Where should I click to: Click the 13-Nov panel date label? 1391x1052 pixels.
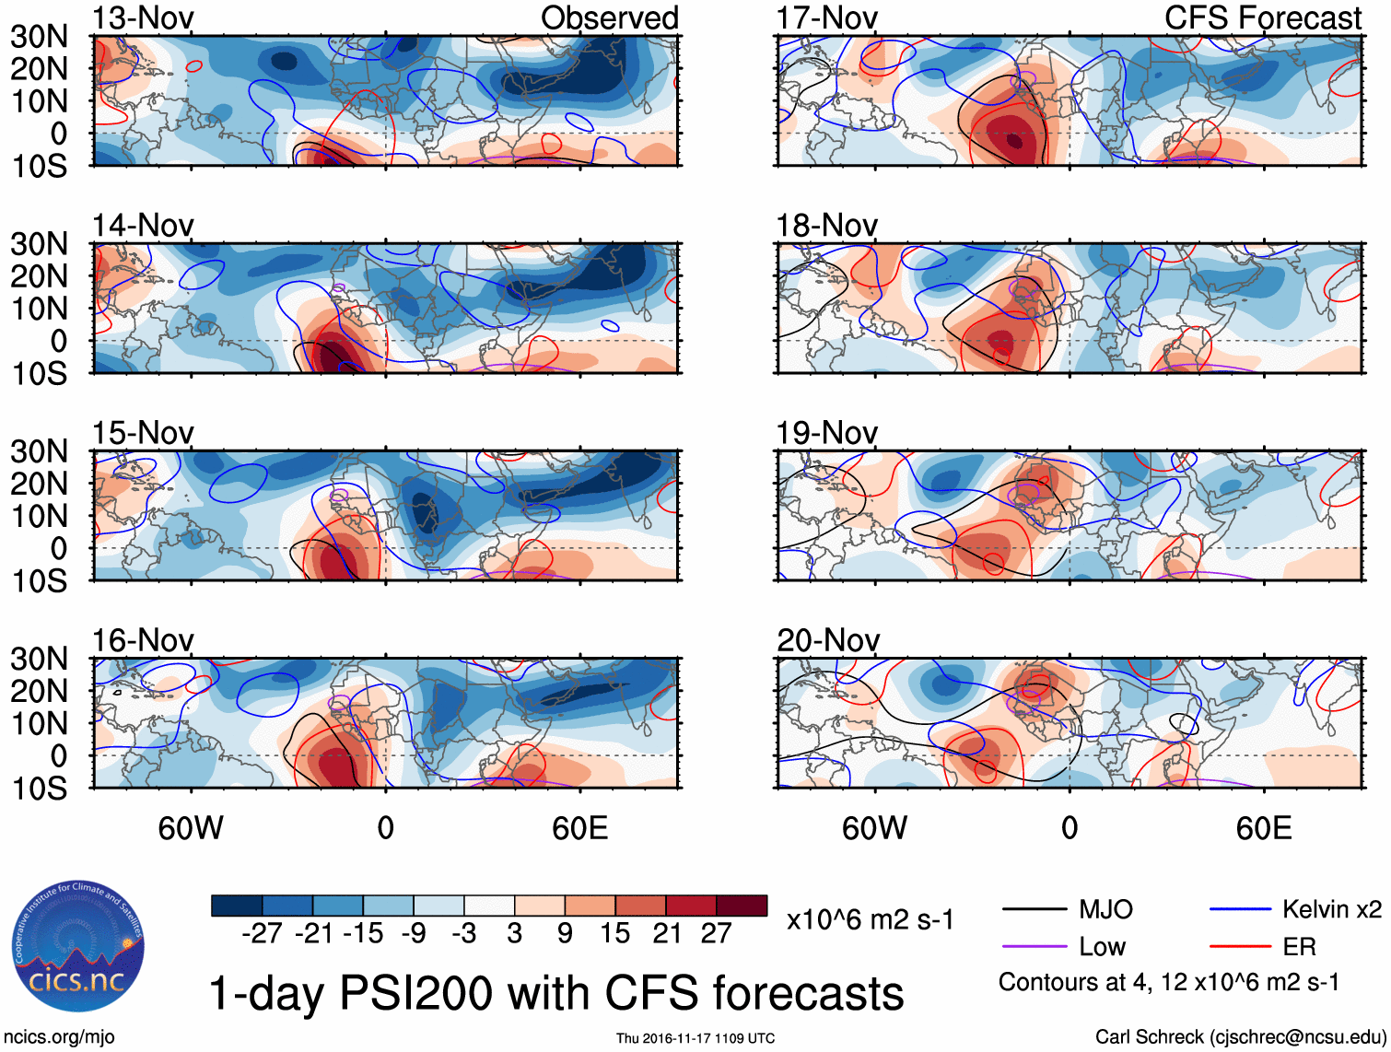(x=143, y=18)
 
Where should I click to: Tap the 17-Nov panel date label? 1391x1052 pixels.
(x=826, y=18)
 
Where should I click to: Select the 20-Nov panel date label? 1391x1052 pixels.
(x=827, y=640)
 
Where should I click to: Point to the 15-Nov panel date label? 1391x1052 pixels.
(x=143, y=433)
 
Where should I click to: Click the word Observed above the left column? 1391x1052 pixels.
(x=609, y=18)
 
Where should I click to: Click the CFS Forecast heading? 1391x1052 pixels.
(x=1262, y=18)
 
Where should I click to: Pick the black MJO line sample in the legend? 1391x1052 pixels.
(x=1034, y=910)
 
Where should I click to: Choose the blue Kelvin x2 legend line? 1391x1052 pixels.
(x=1240, y=910)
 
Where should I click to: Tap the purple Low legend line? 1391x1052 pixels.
(x=1034, y=947)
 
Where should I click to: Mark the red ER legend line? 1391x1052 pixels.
(x=1240, y=947)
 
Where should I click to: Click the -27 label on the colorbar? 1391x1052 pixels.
(x=262, y=934)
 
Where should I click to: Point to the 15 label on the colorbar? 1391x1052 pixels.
(x=614, y=934)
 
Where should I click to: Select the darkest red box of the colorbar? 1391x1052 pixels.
(x=742, y=906)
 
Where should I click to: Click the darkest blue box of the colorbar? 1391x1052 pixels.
(x=237, y=906)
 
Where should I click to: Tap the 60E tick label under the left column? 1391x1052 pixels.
(x=579, y=828)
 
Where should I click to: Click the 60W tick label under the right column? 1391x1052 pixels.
(x=874, y=828)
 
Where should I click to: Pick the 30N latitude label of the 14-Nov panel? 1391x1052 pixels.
(x=39, y=244)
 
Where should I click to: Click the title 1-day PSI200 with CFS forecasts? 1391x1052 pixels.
(x=556, y=994)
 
